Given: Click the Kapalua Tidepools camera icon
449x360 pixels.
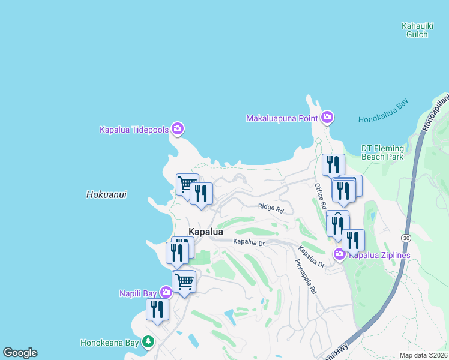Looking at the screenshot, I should pos(177,128).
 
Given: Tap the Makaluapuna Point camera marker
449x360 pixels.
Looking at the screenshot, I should pos(327,117).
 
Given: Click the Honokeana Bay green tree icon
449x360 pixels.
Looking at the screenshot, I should pos(148,342).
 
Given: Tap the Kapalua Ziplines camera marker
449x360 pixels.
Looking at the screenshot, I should pos(339,254).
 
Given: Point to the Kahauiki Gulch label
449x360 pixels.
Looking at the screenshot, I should pos(415,30).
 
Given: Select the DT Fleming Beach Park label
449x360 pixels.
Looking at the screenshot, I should pos(382,152).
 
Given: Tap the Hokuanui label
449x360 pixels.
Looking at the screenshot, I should pos(106,194).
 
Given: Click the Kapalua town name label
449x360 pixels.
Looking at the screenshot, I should pos(206,232).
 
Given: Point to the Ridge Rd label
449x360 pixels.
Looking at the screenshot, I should pos(271,208).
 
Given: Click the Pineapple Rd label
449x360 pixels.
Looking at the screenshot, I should pos(306,276).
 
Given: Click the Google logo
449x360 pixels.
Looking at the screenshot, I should pos(20,353).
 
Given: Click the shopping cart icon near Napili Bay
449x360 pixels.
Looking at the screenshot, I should pos(184,280).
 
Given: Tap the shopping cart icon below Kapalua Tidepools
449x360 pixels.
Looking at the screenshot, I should pos(187,184).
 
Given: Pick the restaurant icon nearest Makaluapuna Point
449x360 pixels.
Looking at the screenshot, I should pos(333,164).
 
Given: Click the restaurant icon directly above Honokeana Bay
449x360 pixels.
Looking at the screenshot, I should pos(157,308).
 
